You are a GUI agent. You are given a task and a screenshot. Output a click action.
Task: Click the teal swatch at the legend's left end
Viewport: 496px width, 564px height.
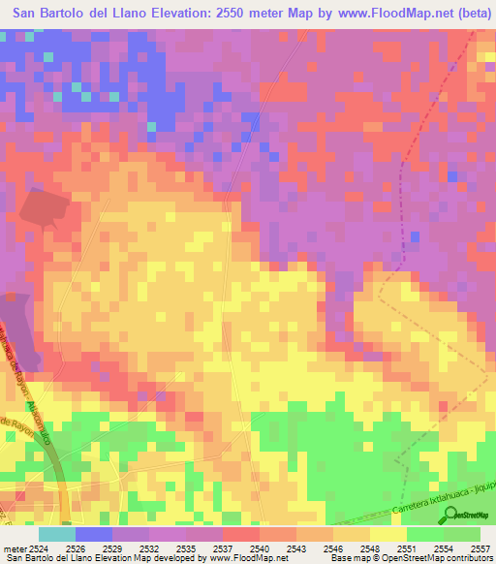point(56,534)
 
